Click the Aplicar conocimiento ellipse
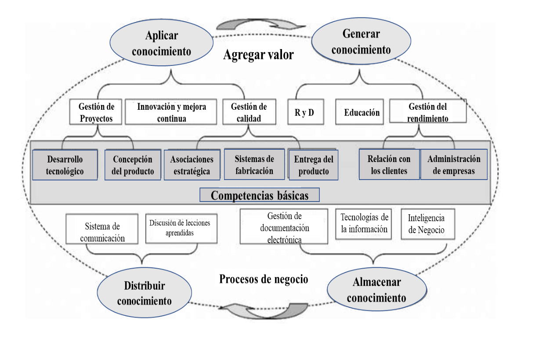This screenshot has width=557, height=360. (161, 43)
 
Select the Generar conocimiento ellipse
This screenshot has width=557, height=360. (361, 42)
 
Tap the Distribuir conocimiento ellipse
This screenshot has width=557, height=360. (145, 293)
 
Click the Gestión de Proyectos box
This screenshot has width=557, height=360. (96, 112)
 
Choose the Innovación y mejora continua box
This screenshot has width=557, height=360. (171, 112)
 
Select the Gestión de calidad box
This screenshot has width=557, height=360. (249, 112)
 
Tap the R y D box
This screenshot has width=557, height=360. (304, 112)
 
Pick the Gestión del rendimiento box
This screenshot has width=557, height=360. (428, 112)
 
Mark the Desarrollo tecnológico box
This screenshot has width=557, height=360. (65, 165)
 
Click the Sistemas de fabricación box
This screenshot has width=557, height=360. (254, 165)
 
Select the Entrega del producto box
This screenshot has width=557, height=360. (314, 165)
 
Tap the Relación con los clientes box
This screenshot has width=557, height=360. (389, 165)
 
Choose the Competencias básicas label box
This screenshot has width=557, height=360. (260, 195)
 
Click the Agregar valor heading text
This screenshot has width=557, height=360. (258, 55)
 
